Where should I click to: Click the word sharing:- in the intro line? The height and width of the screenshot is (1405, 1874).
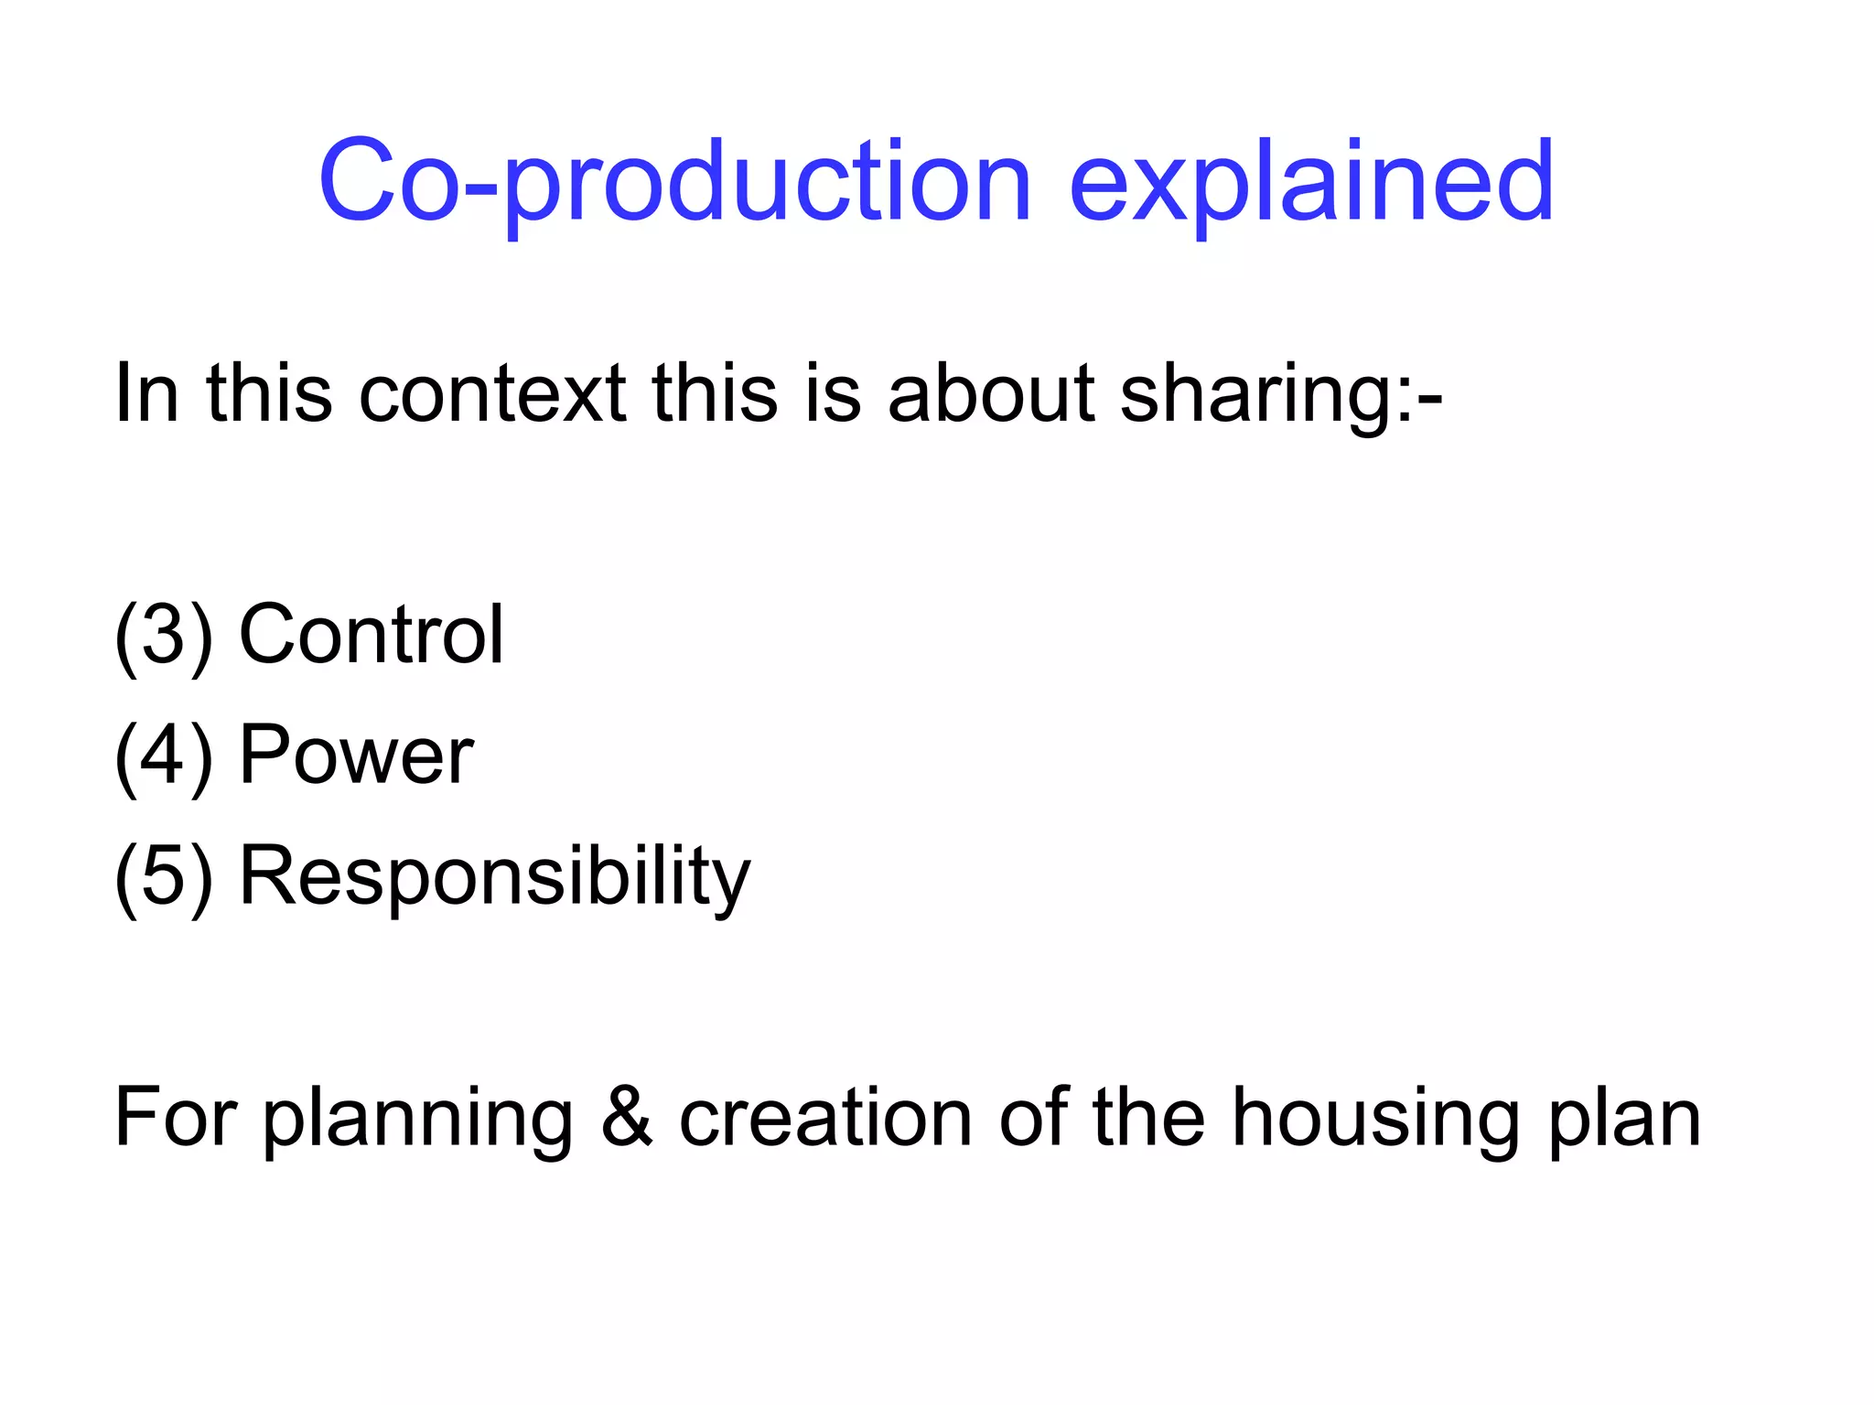tap(1281, 395)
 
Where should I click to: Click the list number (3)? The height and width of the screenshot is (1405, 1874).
tap(163, 635)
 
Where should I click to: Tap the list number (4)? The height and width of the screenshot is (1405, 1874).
tap(163, 756)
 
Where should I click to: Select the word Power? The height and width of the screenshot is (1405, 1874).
tap(356, 756)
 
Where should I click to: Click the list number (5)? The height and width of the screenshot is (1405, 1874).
tap(163, 876)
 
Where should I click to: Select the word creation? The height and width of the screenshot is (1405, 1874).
tap(824, 1118)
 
